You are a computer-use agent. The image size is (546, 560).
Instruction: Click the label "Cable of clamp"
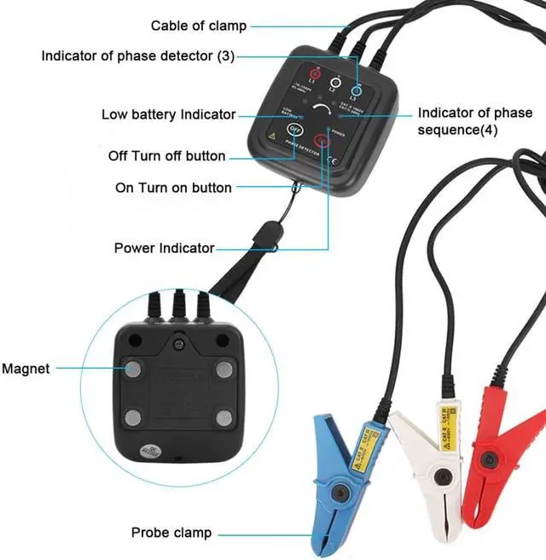click(x=199, y=26)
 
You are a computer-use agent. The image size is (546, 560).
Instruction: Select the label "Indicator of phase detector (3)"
click(x=137, y=55)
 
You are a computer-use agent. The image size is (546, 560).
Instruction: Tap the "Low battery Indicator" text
click(x=168, y=114)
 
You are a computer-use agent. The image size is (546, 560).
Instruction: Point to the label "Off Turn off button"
click(x=167, y=156)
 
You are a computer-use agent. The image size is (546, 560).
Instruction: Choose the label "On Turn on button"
click(x=173, y=187)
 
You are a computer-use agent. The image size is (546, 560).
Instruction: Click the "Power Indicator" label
click(x=164, y=248)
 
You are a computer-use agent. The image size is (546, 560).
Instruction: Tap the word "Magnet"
click(x=26, y=369)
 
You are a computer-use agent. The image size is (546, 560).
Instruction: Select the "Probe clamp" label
click(x=171, y=533)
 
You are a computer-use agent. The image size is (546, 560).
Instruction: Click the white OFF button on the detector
click(x=294, y=131)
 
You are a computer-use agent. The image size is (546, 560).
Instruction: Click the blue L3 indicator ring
click(x=357, y=87)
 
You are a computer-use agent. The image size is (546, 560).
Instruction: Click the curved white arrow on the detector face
click(x=322, y=113)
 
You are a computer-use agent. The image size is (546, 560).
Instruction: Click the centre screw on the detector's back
click(x=179, y=344)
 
